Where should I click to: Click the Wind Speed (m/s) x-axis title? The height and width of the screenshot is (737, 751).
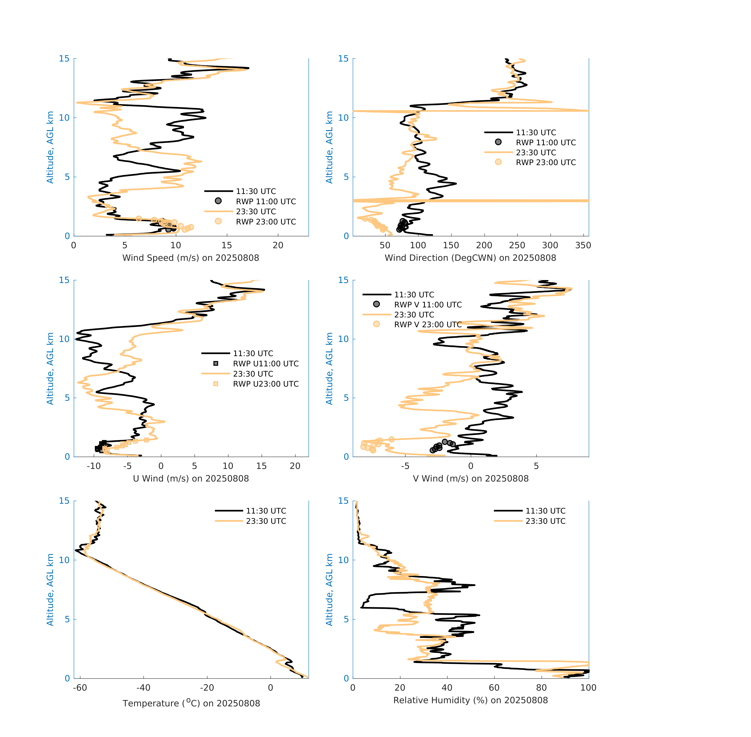click(191, 258)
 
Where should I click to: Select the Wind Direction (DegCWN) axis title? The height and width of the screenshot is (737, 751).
click(470, 258)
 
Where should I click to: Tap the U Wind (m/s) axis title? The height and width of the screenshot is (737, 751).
click(191, 478)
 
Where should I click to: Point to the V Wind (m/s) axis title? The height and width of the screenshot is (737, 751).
click(470, 478)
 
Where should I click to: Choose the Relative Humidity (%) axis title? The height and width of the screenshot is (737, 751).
click(470, 700)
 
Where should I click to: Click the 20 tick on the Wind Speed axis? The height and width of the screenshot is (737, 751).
click(278, 245)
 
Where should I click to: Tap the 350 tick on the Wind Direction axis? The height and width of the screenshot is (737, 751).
click(583, 245)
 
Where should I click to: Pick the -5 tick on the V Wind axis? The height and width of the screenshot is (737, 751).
click(405, 466)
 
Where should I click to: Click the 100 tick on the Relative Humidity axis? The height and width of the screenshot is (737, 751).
click(588, 687)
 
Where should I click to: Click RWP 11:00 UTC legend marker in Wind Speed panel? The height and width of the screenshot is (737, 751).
click(218, 201)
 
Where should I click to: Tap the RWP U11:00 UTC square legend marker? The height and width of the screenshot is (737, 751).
click(216, 363)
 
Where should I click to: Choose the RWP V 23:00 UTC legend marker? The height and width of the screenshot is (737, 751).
click(376, 324)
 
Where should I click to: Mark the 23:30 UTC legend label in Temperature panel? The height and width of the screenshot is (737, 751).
click(266, 521)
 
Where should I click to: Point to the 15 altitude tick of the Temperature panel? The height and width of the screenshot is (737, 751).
click(64, 501)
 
